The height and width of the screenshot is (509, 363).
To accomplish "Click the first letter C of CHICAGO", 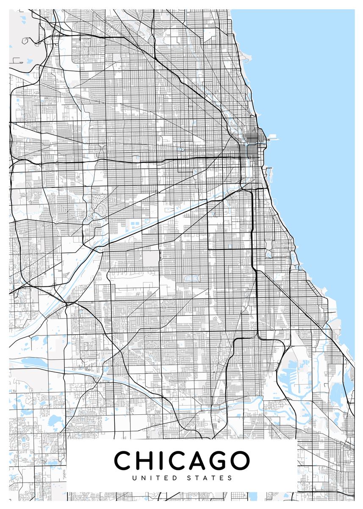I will pyautogui.click(x=123, y=461).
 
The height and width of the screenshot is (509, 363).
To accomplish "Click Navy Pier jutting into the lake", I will pyautogui.click(x=271, y=137).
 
